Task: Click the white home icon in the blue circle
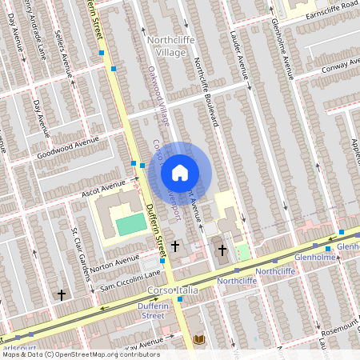click(180, 173)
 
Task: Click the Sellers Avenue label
click(63, 54)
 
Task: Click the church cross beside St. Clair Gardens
click(61, 295)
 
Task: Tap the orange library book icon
click(199, 340)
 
